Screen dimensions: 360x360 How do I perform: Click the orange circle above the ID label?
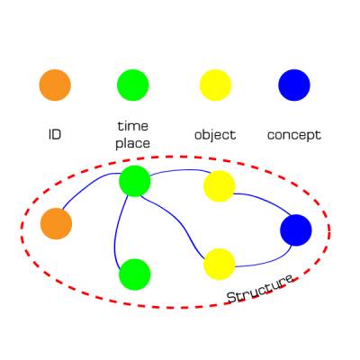[x=55, y=85]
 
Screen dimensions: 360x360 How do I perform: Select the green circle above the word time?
[x=133, y=85]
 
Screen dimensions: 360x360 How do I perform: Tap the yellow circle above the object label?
[x=216, y=85]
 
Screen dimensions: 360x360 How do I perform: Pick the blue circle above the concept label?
[x=294, y=85]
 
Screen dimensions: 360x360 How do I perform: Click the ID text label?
[x=55, y=135]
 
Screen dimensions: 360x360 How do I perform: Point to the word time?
[x=133, y=126]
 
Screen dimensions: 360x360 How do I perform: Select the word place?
[x=132, y=144]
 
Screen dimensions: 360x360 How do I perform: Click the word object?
[x=215, y=135]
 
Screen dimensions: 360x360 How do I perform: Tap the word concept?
[x=294, y=136]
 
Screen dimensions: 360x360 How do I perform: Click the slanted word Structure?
[x=260, y=289]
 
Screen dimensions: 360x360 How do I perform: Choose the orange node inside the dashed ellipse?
[x=57, y=223]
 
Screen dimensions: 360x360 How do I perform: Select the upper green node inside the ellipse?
[x=135, y=181]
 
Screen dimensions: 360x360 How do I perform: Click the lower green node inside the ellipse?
[x=135, y=274]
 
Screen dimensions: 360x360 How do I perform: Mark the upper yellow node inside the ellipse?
[x=220, y=186]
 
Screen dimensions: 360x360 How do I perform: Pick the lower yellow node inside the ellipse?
[x=220, y=264]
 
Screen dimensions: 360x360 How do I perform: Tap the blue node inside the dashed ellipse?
[x=296, y=230]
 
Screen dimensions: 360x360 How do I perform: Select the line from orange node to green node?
[x=87, y=186]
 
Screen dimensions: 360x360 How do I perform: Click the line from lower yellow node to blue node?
[x=270, y=262]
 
